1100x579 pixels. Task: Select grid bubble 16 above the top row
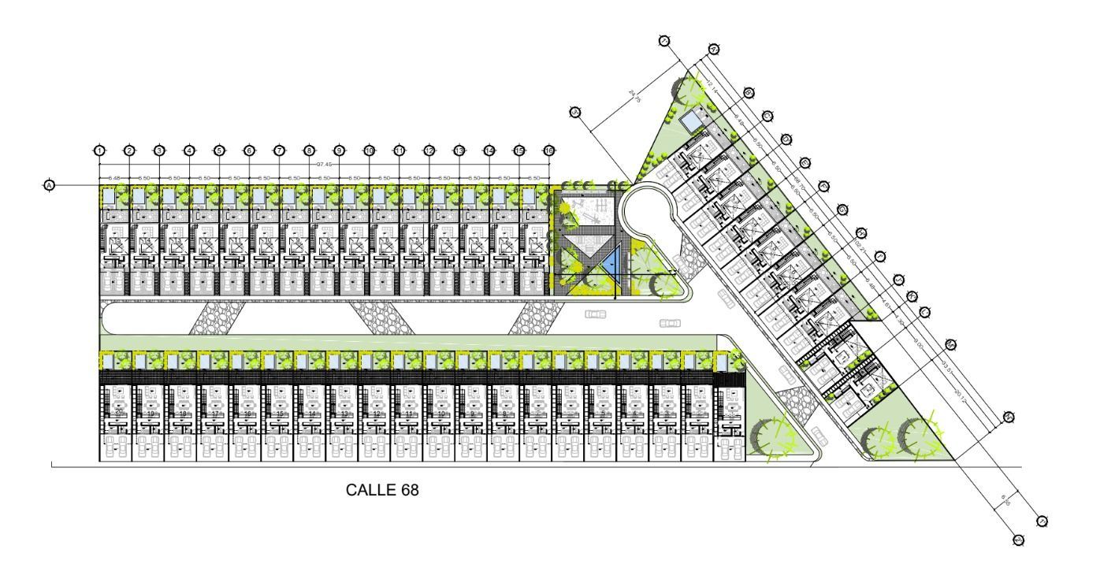pyautogui.click(x=548, y=150)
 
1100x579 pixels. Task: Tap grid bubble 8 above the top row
pyautogui.click(x=309, y=150)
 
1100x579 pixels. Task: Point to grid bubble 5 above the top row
pyautogui.click(x=219, y=150)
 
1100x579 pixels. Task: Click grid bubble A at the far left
pyautogui.click(x=49, y=185)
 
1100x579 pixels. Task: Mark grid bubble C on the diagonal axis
pyautogui.click(x=767, y=116)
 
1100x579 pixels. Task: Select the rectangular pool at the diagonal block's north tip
pyautogui.click(x=692, y=121)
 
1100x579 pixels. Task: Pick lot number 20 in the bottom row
pyautogui.click(x=118, y=411)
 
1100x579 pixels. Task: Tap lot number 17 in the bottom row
pyautogui.click(x=214, y=413)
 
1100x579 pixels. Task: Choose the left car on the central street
pyautogui.click(x=596, y=314)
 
